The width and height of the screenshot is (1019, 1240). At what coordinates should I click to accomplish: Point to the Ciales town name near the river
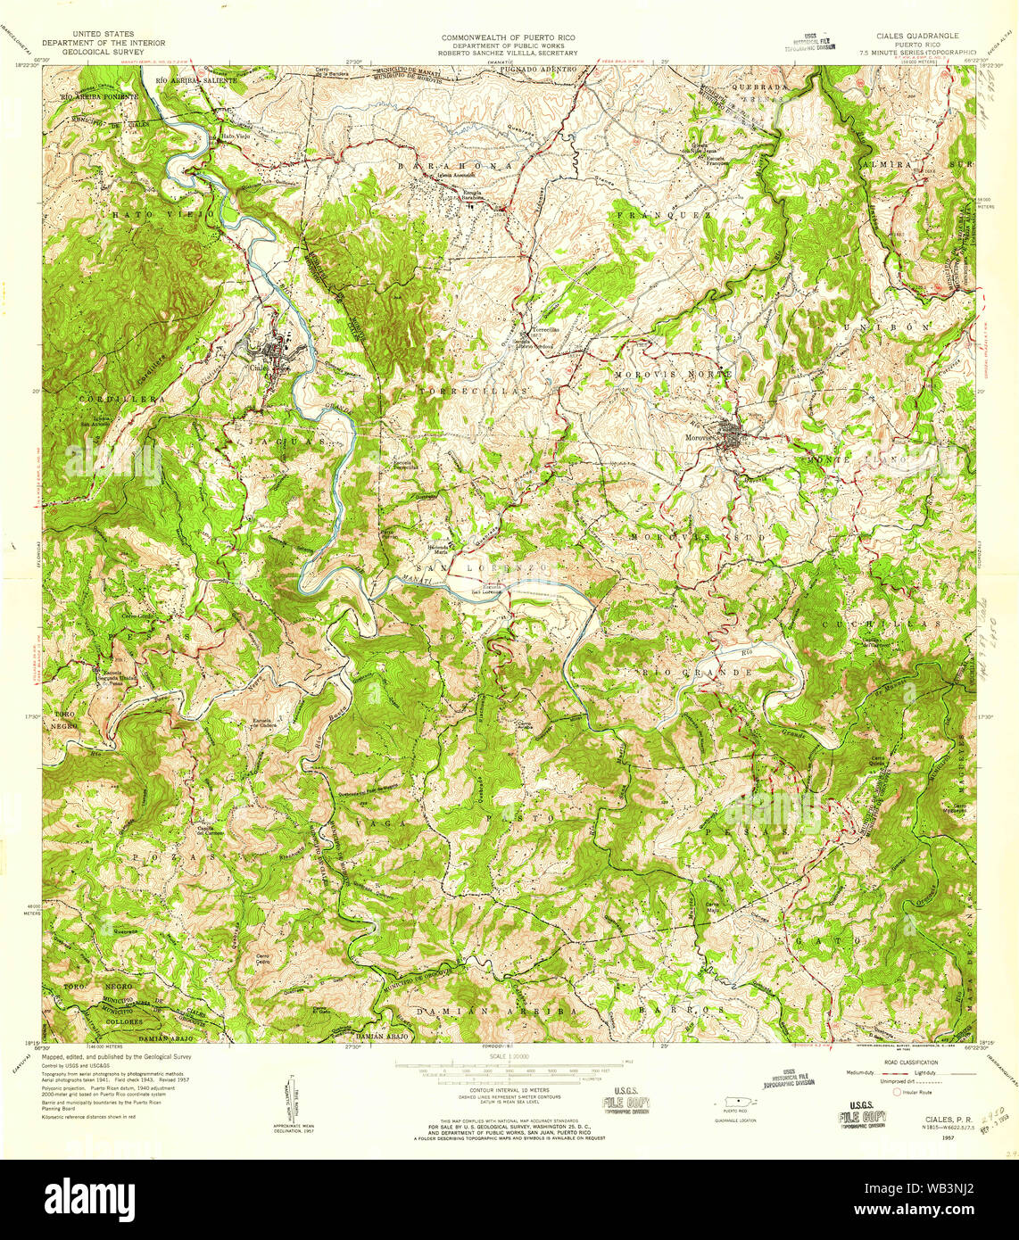coord(260,367)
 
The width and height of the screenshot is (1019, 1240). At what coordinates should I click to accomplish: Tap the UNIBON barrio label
coord(905,328)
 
